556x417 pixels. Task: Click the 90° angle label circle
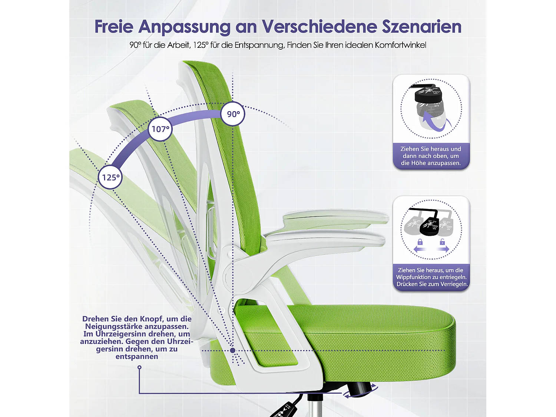pyautogui.click(x=233, y=114)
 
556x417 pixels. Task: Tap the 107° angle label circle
pyautogui.click(x=160, y=129)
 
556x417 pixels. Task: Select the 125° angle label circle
pyautogui.click(x=110, y=177)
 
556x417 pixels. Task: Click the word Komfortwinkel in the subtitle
pyautogui.click(x=400, y=45)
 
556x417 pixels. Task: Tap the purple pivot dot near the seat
pyautogui.click(x=232, y=350)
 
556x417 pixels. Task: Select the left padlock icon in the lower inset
pyautogui.click(x=420, y=242)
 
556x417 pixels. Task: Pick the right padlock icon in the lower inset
pyautogui.click(x=442, y=242)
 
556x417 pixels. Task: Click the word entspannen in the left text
pyautogui.click(x=137, y=357)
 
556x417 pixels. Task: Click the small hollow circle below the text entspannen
pyautogui.click(x=139, y=367)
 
